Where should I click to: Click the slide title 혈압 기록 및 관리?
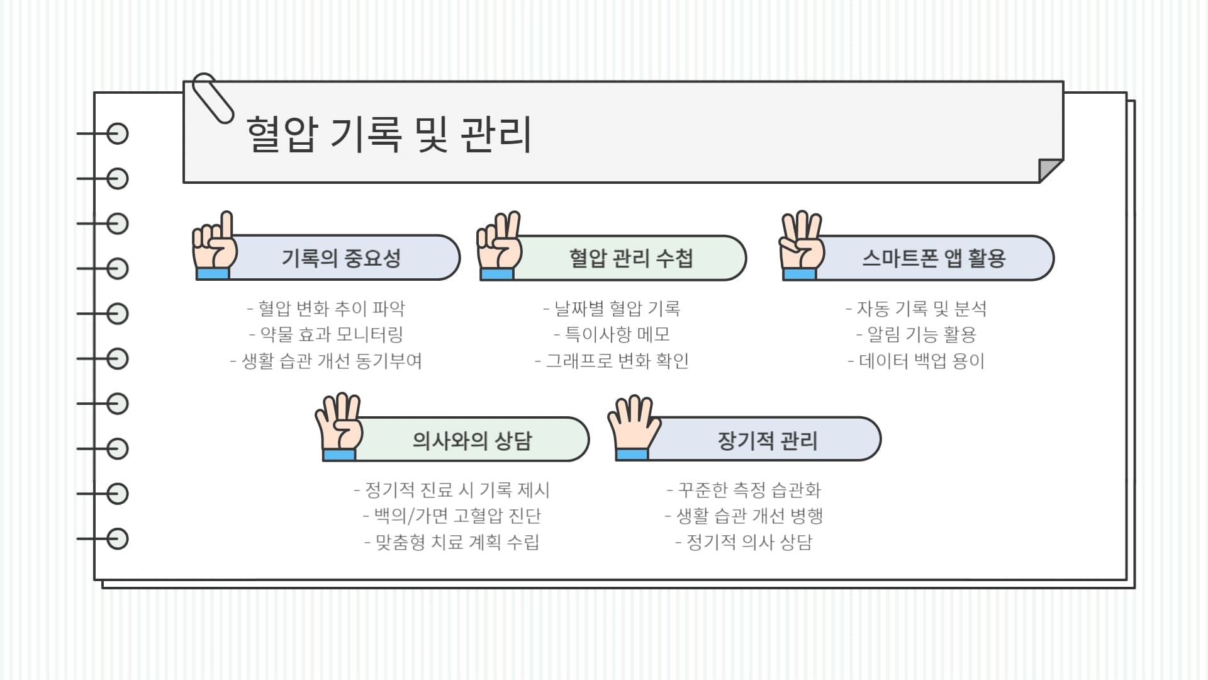point(389,133)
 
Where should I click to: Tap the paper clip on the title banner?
point(212,98)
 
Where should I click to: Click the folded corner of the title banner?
point(1049,169)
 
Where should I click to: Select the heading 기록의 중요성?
point(341,258)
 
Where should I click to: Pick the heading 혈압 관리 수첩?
point(630,258)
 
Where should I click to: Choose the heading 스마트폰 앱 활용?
point(934,258)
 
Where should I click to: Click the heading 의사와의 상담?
point(472,440)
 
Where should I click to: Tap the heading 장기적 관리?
point(768,440)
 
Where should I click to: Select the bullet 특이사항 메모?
point(612,334)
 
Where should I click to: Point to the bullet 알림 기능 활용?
point(916,334)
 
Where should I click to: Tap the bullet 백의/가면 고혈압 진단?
point(452,516)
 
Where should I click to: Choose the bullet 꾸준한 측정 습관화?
point(744,490)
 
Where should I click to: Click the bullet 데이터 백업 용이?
point(916,361)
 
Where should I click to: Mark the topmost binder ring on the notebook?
point(117,133)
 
